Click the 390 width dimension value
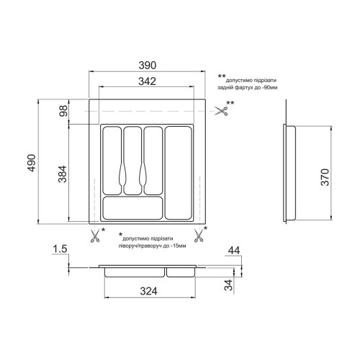148,66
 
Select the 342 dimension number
147,81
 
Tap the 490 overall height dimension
32,163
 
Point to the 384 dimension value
63,174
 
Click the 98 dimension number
63,111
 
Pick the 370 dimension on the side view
325,177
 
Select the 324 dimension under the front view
149,291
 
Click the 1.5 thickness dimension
60,249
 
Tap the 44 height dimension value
234,251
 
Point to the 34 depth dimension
228,285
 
